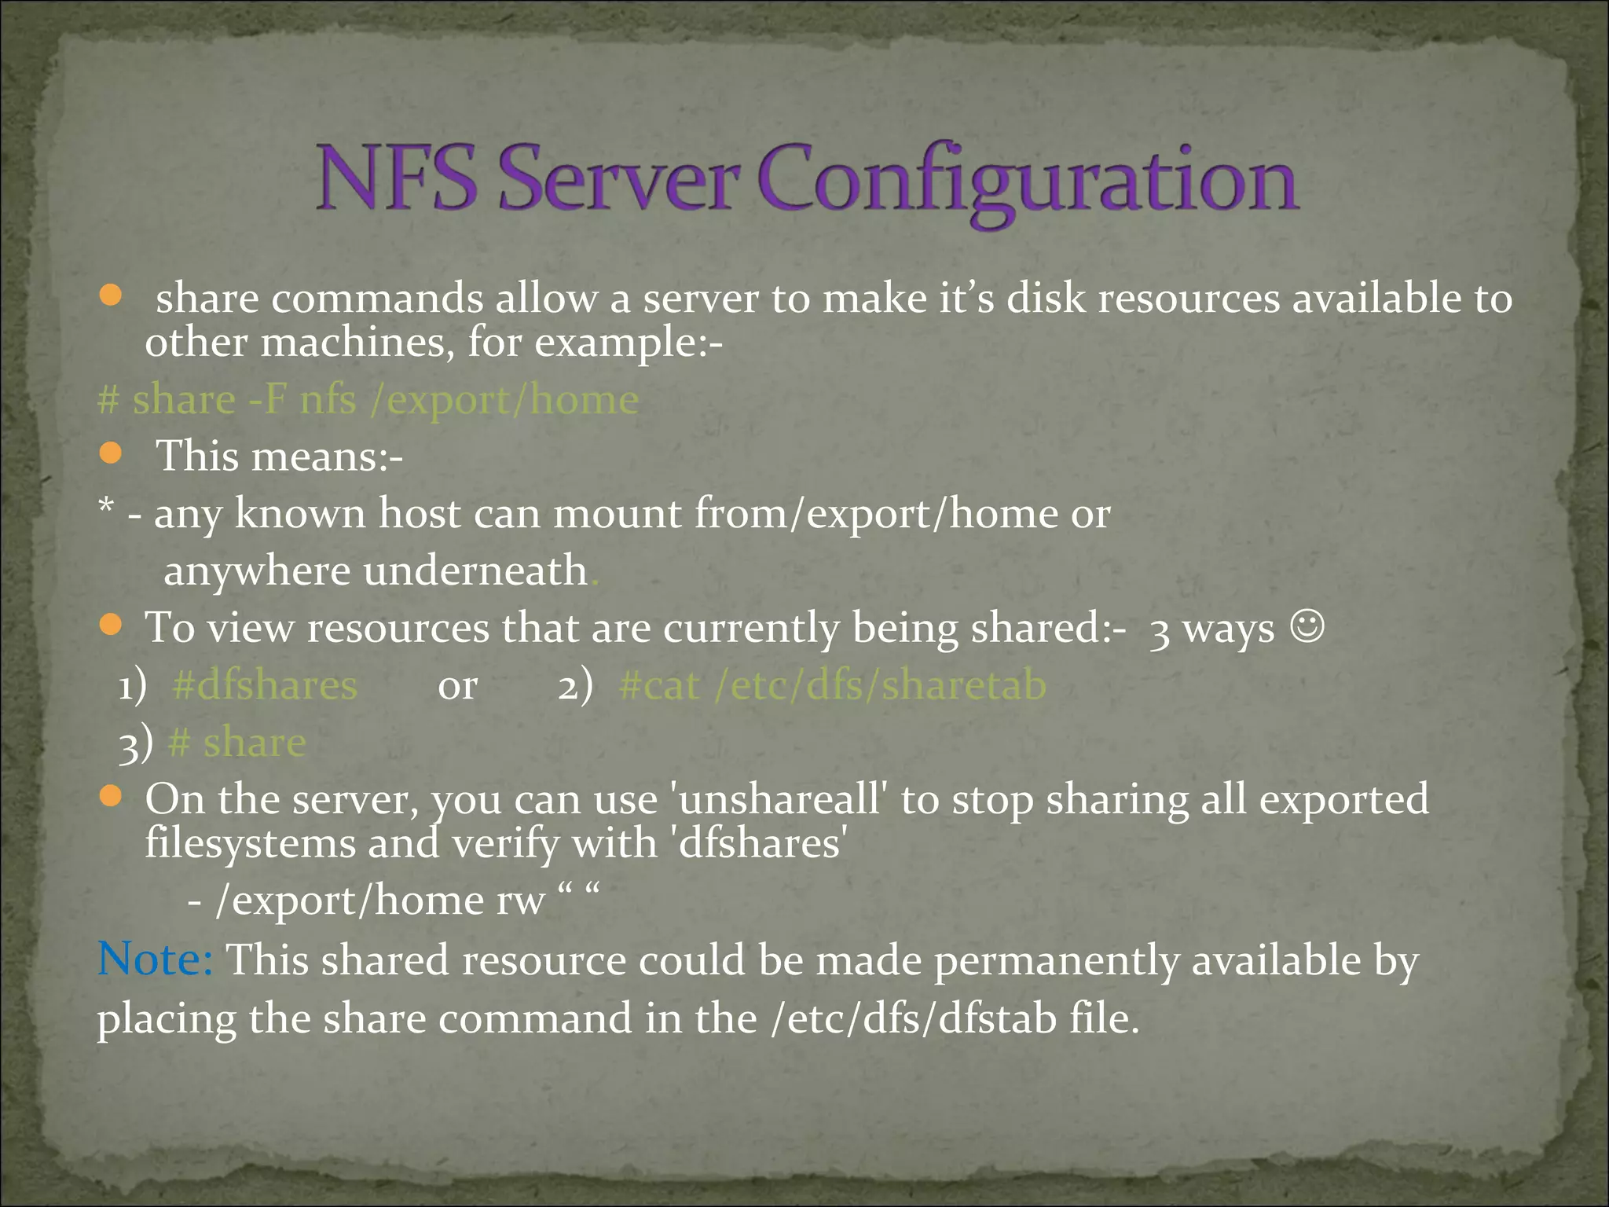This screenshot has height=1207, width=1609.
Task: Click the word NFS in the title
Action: [397, 179]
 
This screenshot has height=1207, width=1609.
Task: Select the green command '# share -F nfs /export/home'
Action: [368, 400]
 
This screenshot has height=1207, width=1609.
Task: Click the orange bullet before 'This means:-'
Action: [111, 453]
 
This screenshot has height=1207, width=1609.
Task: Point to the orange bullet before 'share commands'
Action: [111, 295]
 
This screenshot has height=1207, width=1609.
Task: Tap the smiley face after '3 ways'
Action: [1307, 626]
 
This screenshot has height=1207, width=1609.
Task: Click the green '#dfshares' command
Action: [265, 685]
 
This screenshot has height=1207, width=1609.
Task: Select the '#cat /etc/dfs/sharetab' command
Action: [833, 685]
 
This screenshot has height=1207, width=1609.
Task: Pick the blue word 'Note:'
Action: [155, 959]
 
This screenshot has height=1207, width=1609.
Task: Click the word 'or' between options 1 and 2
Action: [457, 687]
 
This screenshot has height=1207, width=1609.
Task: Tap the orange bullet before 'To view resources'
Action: [111, 626]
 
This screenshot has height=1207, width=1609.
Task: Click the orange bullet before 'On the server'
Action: [111, 797]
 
